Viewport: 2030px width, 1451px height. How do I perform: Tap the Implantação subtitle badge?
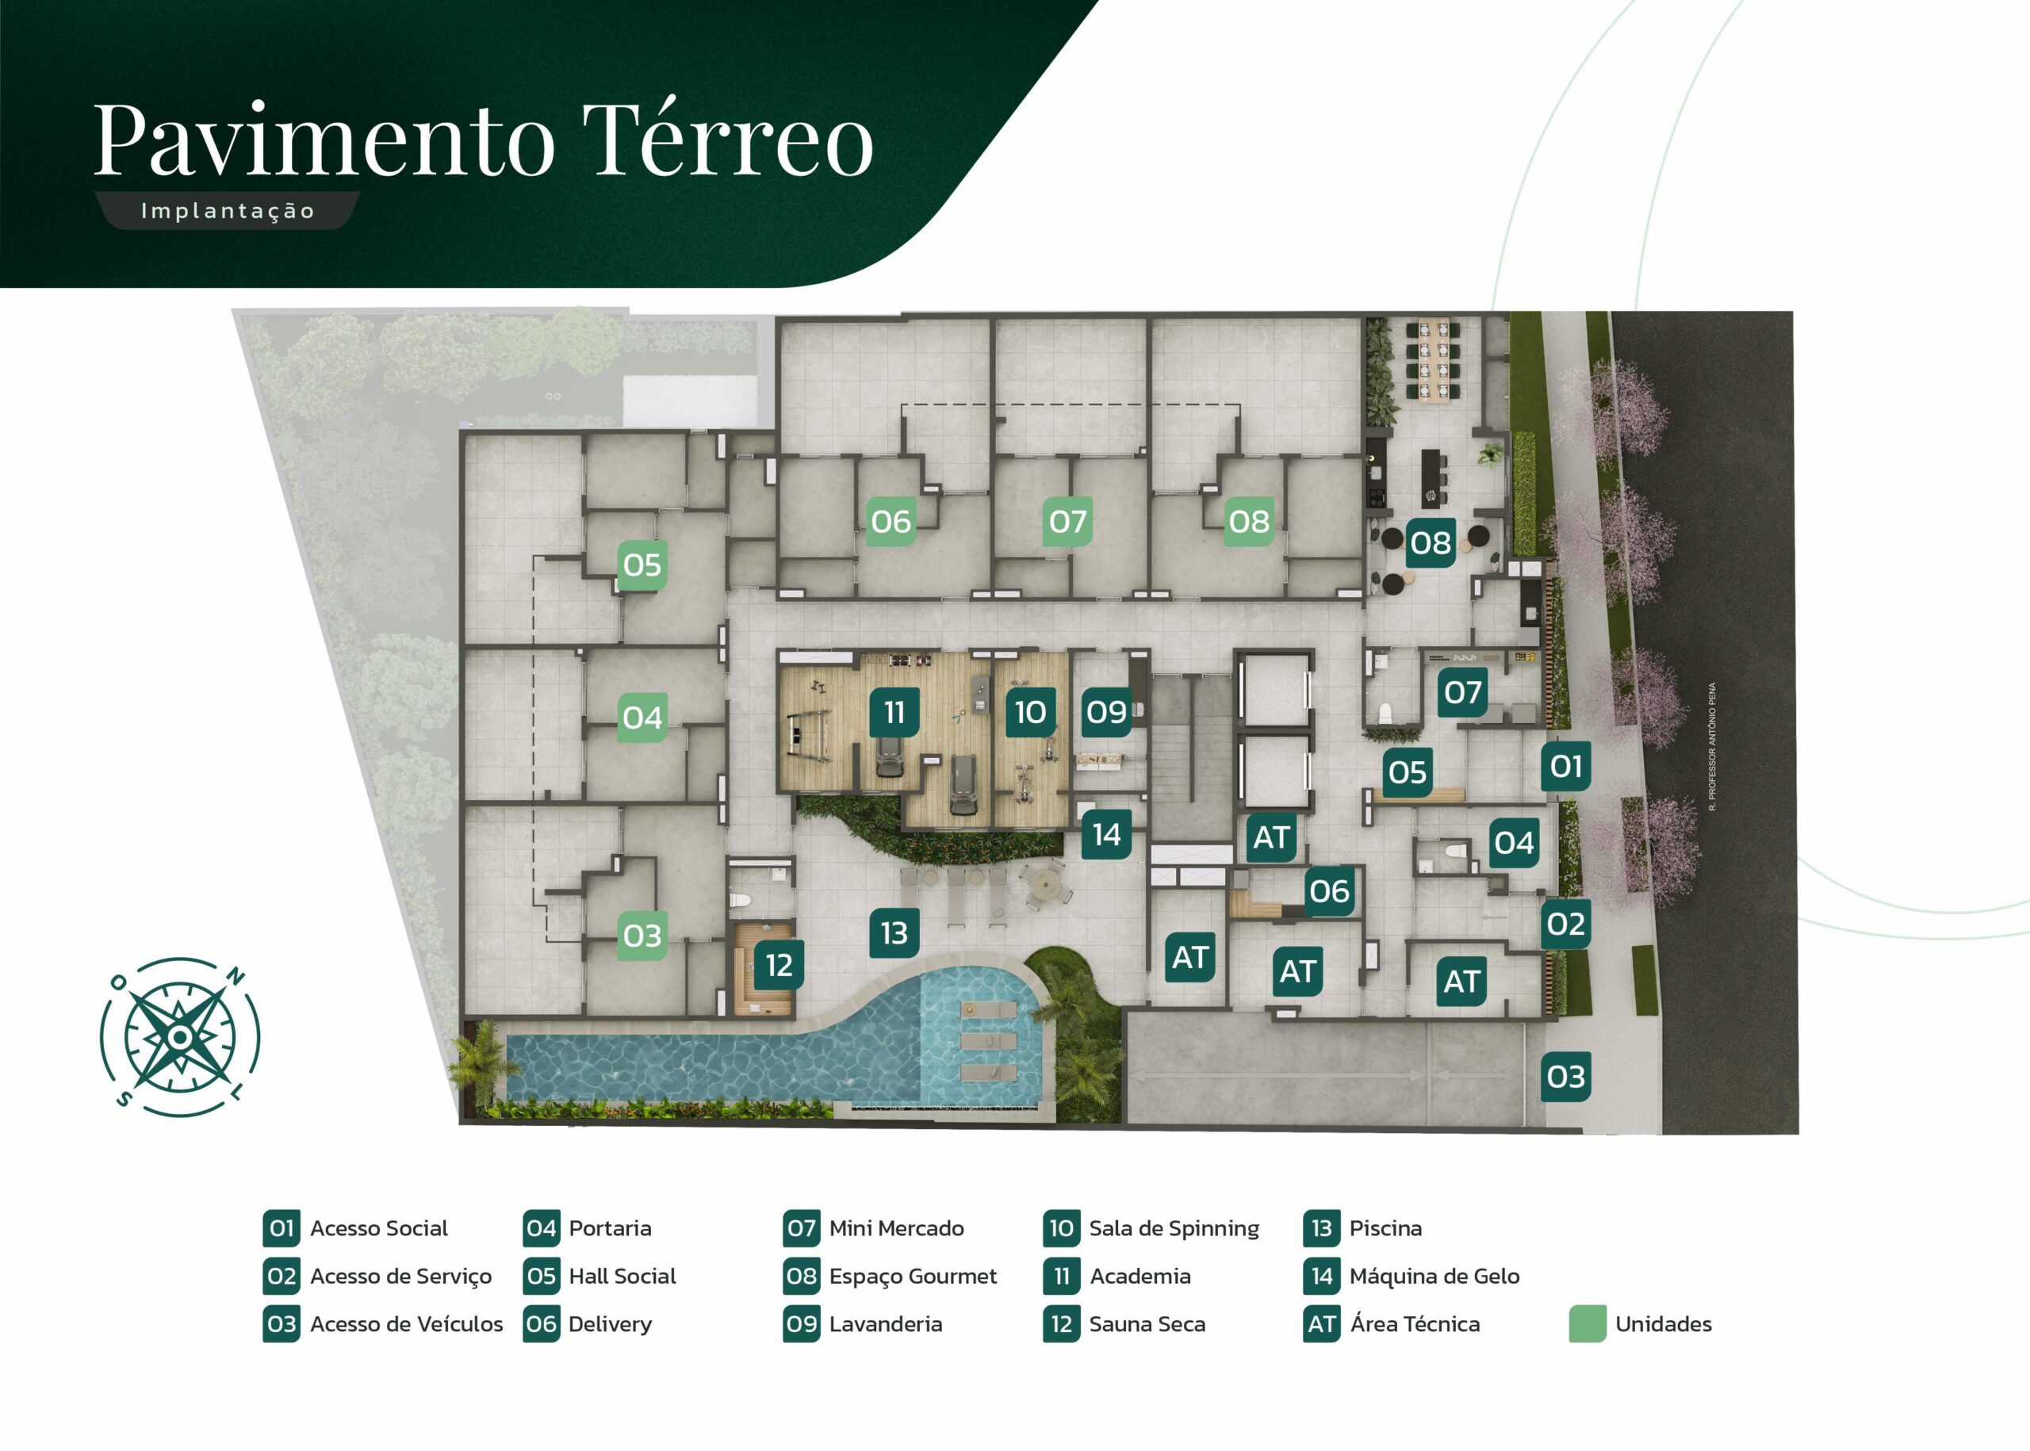(227, 211)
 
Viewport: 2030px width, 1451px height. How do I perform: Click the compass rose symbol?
(179, 1036)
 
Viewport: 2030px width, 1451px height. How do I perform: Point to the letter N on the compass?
(236, 977)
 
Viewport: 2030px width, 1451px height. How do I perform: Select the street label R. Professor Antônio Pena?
(1712, 746)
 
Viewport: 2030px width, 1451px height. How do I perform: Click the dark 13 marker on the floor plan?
(894, 932)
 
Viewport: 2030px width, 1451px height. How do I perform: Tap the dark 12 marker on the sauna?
(779, 965)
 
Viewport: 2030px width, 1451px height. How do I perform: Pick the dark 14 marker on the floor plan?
(1106, 834)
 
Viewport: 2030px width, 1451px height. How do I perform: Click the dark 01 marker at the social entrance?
(1565, 766)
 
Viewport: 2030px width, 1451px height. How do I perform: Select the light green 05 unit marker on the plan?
(642, 565)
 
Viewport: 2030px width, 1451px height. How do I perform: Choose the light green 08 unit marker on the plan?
(1248, 521)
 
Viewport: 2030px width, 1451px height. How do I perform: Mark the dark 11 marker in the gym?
(894, 712)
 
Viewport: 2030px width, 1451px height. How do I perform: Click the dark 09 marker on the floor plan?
(1106, 712)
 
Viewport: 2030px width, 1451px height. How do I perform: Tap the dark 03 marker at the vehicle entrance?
(1565, 1077)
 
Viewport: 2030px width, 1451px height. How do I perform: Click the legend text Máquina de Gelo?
(1434, 1276)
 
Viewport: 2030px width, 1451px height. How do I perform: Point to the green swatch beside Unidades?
(1588, 1324)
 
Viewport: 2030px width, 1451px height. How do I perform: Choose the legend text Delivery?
(611, 1324)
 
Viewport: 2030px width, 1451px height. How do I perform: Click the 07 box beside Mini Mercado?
(802, 1228)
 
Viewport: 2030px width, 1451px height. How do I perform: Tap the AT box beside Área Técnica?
(1321, 1324)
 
